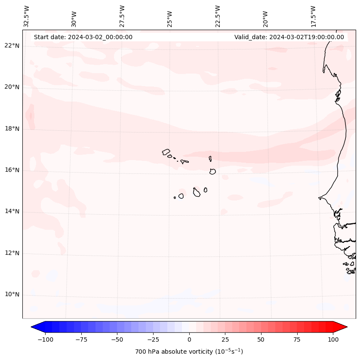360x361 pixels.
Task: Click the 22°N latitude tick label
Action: click(12, 46)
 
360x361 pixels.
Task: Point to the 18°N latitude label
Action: click(12, 129)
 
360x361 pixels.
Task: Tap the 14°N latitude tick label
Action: click(12, 211)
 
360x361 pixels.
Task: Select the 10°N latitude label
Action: click(12, 295)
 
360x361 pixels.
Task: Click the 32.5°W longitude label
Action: click(27, 16)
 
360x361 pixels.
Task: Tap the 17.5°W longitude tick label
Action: click(313, 16)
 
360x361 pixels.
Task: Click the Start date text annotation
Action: click(83, 37)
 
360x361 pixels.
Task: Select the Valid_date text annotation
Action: click(289, 37)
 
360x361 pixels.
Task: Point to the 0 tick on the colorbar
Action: click(189, 339)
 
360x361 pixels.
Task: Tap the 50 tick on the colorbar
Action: click(261, 339)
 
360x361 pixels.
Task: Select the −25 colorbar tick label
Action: click(153, 339)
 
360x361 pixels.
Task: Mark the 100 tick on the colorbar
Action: click(333, 339)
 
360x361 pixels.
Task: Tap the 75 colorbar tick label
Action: click(297, 339)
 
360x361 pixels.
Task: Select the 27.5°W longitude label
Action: click(122, 16)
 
